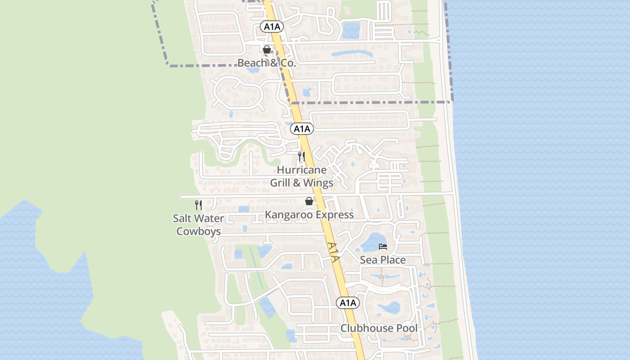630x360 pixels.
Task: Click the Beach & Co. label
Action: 266,63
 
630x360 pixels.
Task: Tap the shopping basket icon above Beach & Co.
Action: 267,49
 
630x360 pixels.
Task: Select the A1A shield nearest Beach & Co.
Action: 272,27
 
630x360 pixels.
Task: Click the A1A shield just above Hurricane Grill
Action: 302,129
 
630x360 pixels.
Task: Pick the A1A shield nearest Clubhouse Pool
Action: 348,303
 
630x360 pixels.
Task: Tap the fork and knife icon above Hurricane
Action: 301,157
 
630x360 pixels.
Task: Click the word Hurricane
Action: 301,171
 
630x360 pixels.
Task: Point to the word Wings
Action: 318,183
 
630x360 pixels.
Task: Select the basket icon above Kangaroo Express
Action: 309,201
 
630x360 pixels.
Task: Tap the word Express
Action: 335,215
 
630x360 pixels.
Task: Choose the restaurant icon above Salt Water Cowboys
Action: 198,205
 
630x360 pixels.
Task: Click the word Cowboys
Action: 198,231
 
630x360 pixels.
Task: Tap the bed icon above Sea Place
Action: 383,246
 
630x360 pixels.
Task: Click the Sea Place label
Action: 382,260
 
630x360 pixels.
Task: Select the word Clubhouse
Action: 367,328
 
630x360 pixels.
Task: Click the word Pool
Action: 407,328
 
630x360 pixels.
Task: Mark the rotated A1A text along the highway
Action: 333,253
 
